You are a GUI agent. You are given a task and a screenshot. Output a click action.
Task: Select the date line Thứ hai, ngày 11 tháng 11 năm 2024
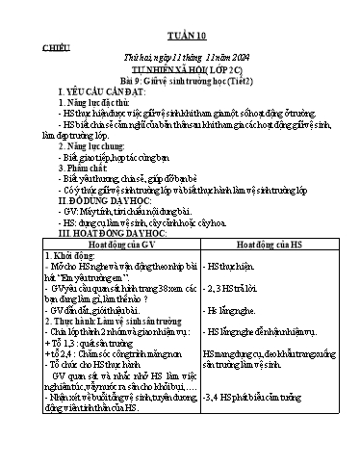[180, 58]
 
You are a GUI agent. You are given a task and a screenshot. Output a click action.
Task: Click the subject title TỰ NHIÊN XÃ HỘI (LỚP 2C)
[180, 70]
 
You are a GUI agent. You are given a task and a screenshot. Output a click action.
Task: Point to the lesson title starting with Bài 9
[180, 83]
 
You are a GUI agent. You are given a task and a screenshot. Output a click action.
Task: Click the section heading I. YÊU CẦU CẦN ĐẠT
[100, 97]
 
